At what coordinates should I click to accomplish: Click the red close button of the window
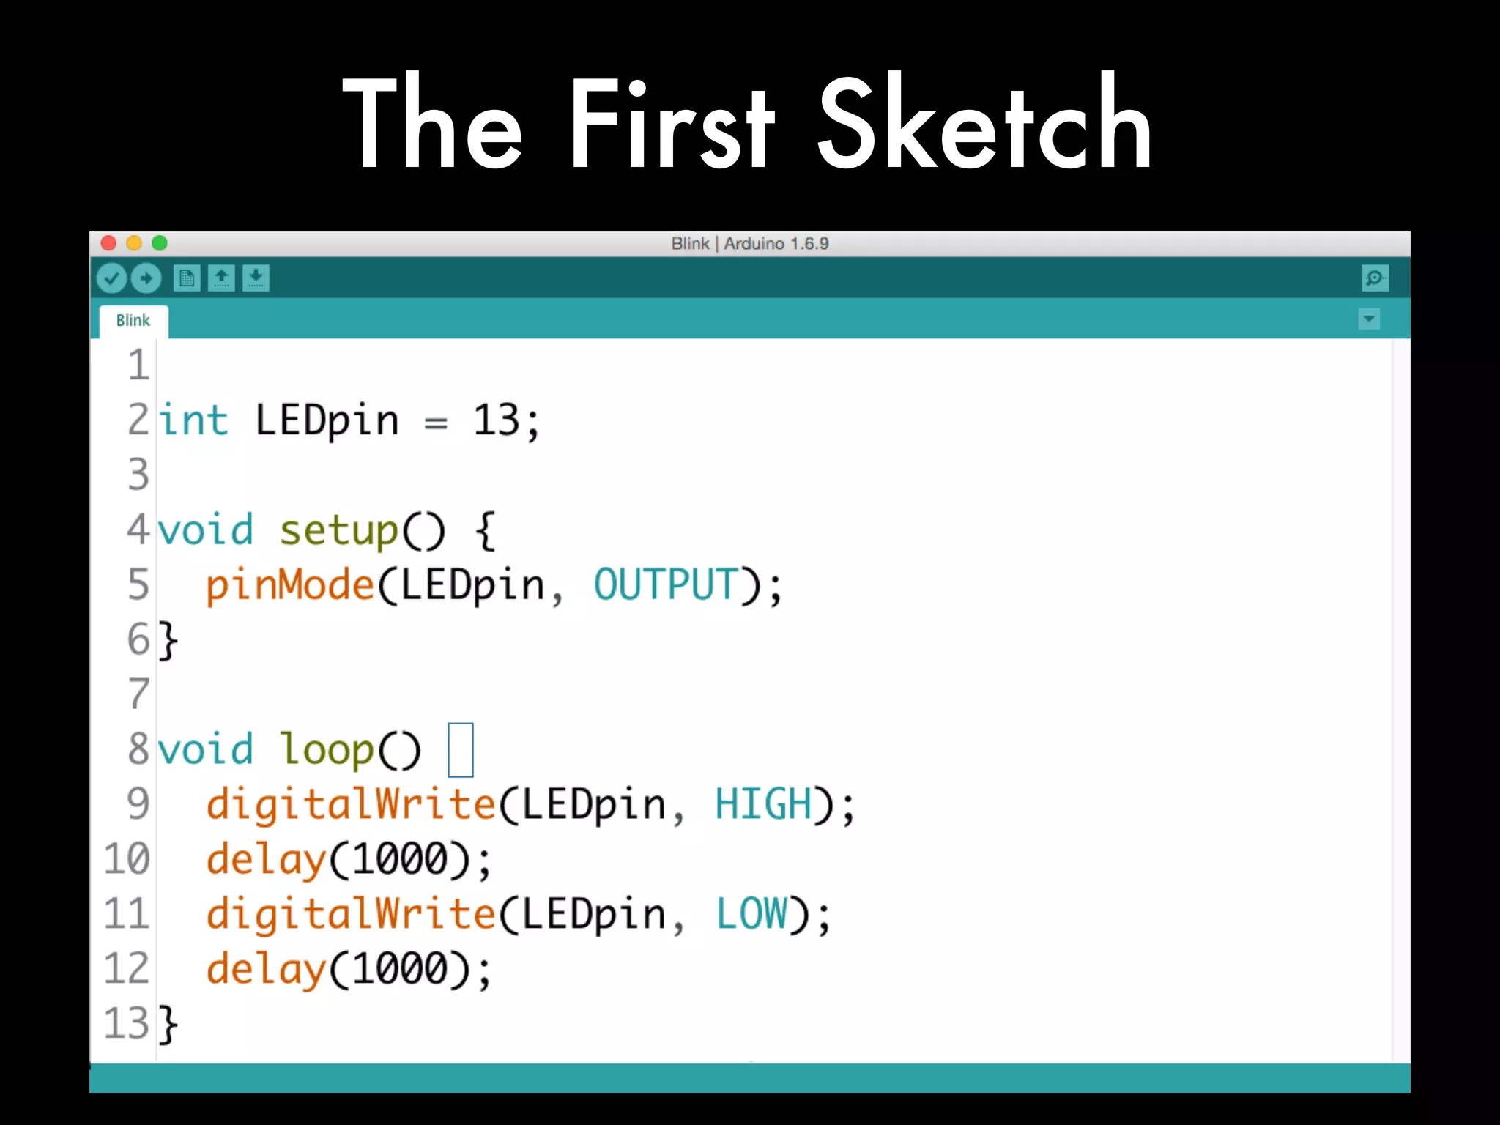click(x=108, y=243)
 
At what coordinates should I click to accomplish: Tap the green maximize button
click(x=160, y=243)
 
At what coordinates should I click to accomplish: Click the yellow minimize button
click(x=134, y=243)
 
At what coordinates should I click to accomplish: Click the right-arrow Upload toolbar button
click(x=146, y=278)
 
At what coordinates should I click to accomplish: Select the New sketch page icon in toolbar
click(x=187, y=278)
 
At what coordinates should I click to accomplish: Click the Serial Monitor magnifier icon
click(x=1375, y=278)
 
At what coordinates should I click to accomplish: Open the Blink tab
click(x=133, y=321)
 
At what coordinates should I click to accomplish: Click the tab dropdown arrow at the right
click(x=1368, y=319)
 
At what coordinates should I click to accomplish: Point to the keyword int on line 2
click(x=194, y=420)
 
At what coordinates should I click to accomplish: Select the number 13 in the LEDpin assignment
click(x=497, y=420)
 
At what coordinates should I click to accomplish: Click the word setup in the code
click(x=338, y=530)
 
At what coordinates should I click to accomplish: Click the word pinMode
click(x=290, y=585)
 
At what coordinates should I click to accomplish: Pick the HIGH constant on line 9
click(x=763, y=804)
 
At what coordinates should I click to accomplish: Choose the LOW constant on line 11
click(x=751, y=914)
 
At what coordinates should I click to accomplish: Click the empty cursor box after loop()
click(x=461, y=749)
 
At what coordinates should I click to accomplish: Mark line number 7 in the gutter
click(x=138, y=694)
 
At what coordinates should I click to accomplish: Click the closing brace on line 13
click(x=168, y=1024)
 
